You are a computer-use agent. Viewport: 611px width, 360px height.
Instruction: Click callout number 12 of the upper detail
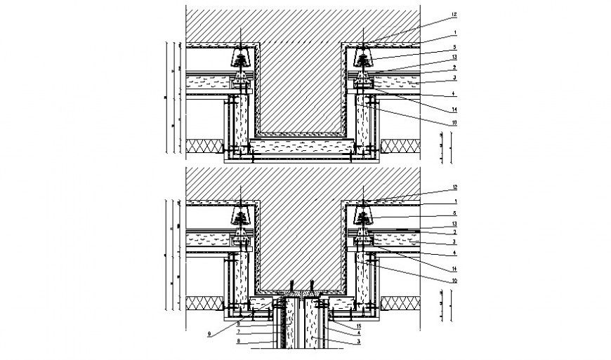pyautogui.click(x=454, y=14)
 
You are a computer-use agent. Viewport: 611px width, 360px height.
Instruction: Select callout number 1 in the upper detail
pyautogui.click(x=454, y=32)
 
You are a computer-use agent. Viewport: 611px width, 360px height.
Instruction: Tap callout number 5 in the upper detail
pyautogui.click(x=454, y=47)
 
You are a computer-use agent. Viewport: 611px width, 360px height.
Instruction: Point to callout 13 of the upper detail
pyautogui.click(x=454, y=57)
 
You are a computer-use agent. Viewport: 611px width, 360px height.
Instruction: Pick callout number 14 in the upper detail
pyautogui.click(x=454, y=109)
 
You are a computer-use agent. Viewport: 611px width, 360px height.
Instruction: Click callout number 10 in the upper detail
pyautogui.click(x=454, y=122)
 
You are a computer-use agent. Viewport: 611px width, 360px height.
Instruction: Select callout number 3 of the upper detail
pyautogui.click(x=454, y=77)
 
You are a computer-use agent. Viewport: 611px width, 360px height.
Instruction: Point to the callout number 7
pyautogui.click(x=239, y=331)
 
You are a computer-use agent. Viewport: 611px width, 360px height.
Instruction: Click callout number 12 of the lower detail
pyautogui.click(x=454, y=187)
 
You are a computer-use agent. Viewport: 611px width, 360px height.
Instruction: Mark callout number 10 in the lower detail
pyautogui.click(x=454, y=281)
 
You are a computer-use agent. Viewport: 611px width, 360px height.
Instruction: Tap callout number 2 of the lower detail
pyautogui.click(x=454, y=232)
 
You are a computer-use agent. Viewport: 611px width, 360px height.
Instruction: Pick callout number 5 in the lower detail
pyautogui.click(x=454, y=213)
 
